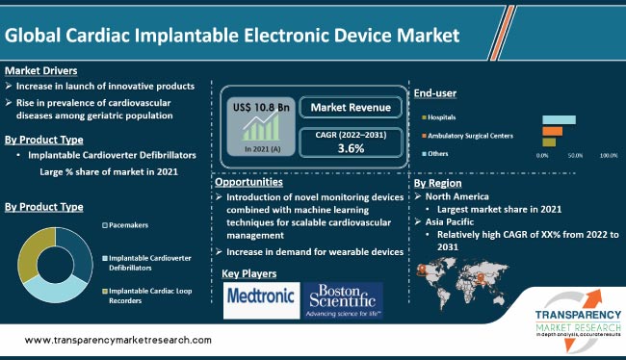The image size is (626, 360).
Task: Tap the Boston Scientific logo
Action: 343,300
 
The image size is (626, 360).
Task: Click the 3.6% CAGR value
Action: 351,149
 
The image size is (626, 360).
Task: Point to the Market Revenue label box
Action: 351,106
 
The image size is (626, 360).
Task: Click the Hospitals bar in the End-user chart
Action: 560,119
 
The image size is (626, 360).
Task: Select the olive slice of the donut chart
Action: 34,245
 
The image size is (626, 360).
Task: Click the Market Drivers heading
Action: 40,70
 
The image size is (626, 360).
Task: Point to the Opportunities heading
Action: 248,182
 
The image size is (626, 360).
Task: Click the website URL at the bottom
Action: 117,340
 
